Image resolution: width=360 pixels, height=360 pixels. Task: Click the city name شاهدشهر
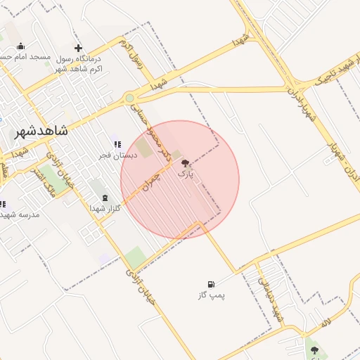[41, 131]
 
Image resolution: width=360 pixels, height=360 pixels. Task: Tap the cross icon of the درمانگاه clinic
[78, 48]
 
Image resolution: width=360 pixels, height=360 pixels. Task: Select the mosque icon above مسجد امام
[20, 46]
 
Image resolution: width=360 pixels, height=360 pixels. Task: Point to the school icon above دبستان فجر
[117, 144]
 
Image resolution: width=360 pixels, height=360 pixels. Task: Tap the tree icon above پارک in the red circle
[185, 162]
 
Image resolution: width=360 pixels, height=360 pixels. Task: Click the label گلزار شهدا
[105, 208]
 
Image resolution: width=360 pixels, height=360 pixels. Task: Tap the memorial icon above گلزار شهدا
[105, 198]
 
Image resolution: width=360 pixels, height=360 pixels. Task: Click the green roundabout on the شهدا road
[130, 98]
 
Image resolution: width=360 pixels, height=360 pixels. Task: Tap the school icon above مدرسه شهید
[4, 204]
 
